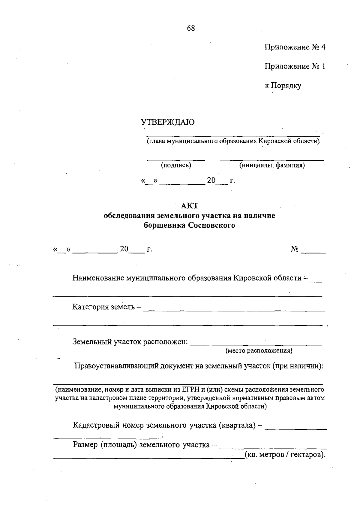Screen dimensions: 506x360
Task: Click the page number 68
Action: pos(191,28)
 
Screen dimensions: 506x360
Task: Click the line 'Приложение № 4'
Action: pos(295,47)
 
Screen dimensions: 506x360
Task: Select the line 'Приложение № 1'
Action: pos(295,66)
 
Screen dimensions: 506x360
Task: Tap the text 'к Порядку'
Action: pos(283,86)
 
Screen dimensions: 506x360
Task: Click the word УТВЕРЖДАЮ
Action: pos(168,122)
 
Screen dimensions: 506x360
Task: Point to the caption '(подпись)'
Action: pos(176,165)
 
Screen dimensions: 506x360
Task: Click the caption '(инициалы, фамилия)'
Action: pos(272,165)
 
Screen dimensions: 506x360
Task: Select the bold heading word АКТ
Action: pos(190,206)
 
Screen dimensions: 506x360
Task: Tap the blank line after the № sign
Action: pos(313,252)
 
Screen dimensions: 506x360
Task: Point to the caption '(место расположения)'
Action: pos(259,350)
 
